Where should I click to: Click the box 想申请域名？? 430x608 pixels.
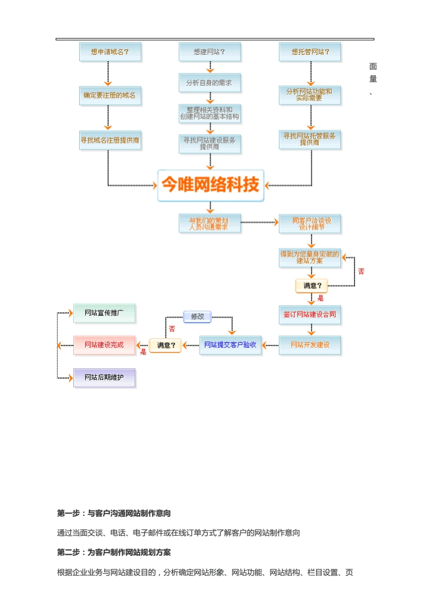coord(109,52)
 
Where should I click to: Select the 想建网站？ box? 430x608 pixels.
coord(209,52)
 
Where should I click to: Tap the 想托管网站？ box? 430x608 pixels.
coord(310,52)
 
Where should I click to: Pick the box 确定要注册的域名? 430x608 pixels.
coord(109,95)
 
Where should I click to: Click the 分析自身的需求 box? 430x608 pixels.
coord(209,83)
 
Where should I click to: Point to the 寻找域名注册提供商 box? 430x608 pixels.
coord(109,140)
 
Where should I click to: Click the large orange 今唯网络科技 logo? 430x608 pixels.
coord(211,185)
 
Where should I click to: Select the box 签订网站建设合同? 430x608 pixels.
coord(309,315)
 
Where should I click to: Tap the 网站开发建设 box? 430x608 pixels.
coord(309,345)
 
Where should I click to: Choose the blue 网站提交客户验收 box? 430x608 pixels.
coord(230,345)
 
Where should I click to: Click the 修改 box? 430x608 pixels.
coord(197,316)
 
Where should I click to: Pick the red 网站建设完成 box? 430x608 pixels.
coord(104,344)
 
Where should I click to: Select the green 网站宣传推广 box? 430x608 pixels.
coord(104,313)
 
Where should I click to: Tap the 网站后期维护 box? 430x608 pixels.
coord(104,377)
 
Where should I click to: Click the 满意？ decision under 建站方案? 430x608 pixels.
coord(312,285)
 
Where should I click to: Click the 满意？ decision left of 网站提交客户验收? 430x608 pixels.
coord(166,345)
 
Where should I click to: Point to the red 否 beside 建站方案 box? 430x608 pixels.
coord(361,271)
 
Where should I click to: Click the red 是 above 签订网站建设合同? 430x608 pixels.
coord(320,298)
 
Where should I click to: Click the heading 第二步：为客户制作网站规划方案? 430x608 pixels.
coord(114,552)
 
